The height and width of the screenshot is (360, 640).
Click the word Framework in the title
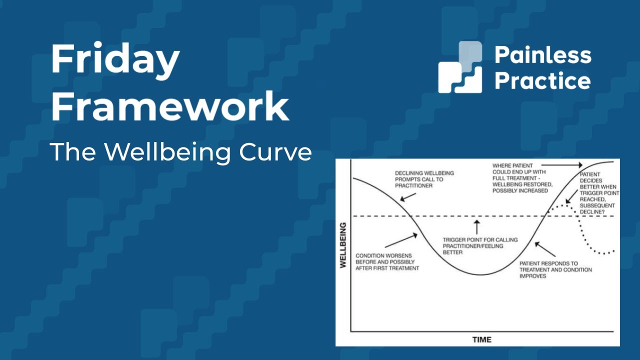[x=170, y=105]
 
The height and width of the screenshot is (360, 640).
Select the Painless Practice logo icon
[x=460, y=67]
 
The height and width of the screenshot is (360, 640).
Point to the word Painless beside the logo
[x=542, y=55]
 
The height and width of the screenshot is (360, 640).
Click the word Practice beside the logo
[x=542, y=80]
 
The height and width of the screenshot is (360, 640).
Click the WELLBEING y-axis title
[x=343, y=245]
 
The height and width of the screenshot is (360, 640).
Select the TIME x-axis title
[x=481, y=339]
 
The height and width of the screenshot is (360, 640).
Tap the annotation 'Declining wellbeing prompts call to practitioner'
[x=424, y=179]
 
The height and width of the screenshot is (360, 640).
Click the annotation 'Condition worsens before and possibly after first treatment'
[x=387, y=261]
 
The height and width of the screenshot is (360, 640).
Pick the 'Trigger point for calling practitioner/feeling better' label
[x=480, y=246]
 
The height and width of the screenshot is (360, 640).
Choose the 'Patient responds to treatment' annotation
[x=555, y=269]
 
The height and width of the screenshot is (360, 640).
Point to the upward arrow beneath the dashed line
[x=476, y=226]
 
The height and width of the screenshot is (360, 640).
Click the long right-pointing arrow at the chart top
[x=562, y=164]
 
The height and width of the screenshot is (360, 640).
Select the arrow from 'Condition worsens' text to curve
[x=400, y=241]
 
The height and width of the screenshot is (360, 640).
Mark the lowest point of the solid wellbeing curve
[x=480, y=275]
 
